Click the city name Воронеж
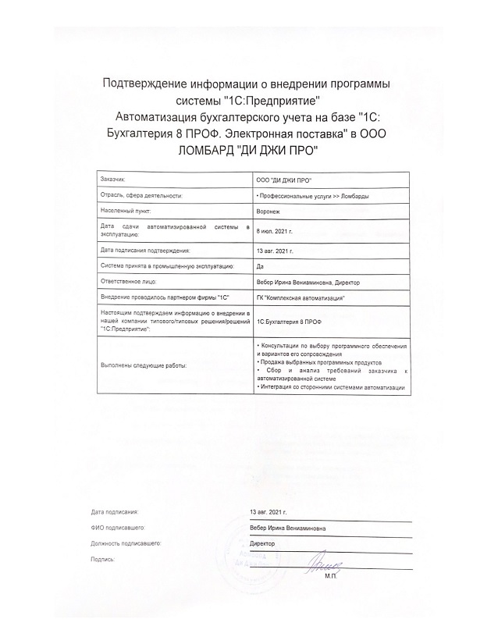tap(267, 212)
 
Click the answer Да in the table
tap(260, 266)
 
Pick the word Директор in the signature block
tap(262, 543)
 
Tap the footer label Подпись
tap(103, 560)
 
